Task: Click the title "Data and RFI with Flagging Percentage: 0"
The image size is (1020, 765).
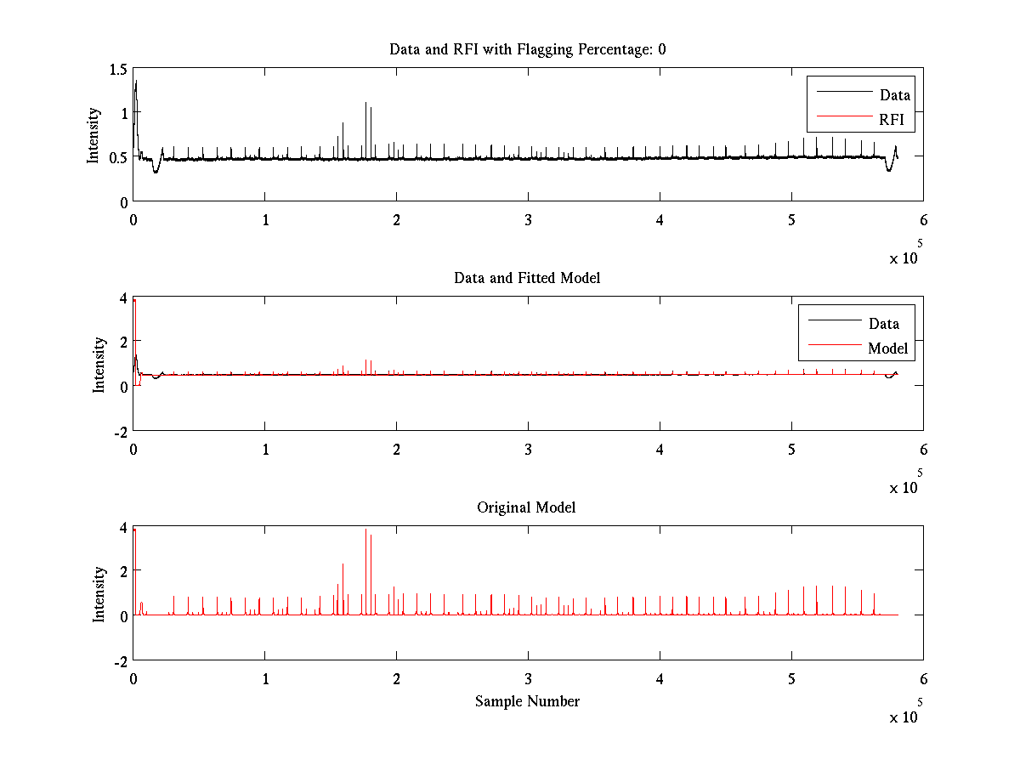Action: [x=527, y=49]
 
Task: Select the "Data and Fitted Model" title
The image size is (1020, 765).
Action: [x=527, y=278]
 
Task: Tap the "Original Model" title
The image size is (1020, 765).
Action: [x=526, y=507]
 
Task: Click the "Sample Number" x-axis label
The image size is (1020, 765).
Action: [x=527, y=701]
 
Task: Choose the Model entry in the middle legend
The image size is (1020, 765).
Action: [x=887, y=348]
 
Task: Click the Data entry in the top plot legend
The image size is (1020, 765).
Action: [x=894, y=95]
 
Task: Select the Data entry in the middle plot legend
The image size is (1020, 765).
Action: [x=883, y=323]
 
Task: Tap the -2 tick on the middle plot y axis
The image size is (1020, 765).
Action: [x=119, y=432]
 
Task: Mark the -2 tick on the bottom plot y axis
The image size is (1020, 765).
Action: [x=119, y=661]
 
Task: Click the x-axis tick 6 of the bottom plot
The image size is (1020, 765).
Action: [x=923, y=679]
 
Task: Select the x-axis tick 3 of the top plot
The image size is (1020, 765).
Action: [x=528, y=219]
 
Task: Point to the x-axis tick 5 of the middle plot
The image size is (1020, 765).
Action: [x=791, y=450]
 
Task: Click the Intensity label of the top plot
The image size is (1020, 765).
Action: [x=93, y=134]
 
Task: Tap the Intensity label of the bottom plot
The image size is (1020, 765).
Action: [x=99, y=594]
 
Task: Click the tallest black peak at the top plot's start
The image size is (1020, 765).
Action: [x=135, y=82]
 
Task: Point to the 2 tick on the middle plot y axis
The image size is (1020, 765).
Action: [x=122, y=341]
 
